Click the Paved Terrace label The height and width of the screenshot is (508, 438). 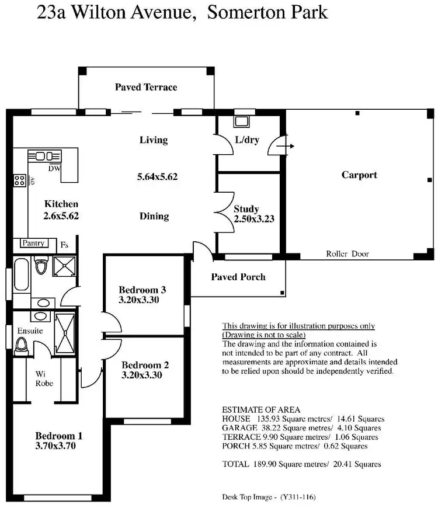(x=145, y=88)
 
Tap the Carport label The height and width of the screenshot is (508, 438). (x=359, y=175)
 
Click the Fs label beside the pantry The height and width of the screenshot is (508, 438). (x=63, y=245)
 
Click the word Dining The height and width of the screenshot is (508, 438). (x=154, y=216)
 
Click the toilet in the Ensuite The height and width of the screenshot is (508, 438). (x=23, y=345)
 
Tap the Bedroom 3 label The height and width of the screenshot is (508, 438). (x=142, y=290)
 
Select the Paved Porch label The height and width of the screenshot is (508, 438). (x=238, y=277)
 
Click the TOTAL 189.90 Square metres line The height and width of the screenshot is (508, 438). (x=302, y=464)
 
